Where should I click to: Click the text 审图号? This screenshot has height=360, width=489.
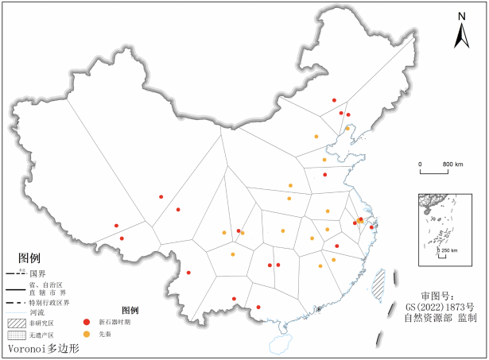pos(438,294)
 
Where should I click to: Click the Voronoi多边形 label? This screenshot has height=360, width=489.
pos(44,348)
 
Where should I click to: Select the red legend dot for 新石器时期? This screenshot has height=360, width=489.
pos(87,322)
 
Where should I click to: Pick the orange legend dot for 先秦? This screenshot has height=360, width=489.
pos(87,335)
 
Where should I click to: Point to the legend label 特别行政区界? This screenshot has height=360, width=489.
pos(50,303)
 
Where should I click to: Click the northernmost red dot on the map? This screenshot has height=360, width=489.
pos(334,100)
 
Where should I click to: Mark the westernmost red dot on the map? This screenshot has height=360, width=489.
pos(116,226)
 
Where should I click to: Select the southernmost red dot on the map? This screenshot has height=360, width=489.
pos(258,307)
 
